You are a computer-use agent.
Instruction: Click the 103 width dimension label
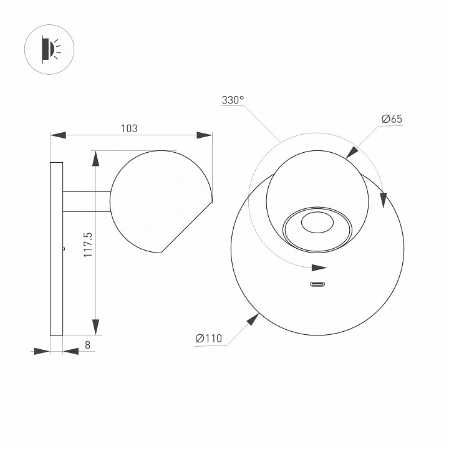(x=128, y=128)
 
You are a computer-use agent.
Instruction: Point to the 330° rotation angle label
(x=233, y=100)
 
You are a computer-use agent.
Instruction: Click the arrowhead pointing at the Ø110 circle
(x=252, y=321)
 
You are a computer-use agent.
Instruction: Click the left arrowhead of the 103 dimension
(x=58, y=135)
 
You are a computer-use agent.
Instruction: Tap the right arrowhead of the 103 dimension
(x=205, y=135)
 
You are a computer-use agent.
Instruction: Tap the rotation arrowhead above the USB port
(x=319, y=269)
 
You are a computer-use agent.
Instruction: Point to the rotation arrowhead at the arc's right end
(x=383, y=197)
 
